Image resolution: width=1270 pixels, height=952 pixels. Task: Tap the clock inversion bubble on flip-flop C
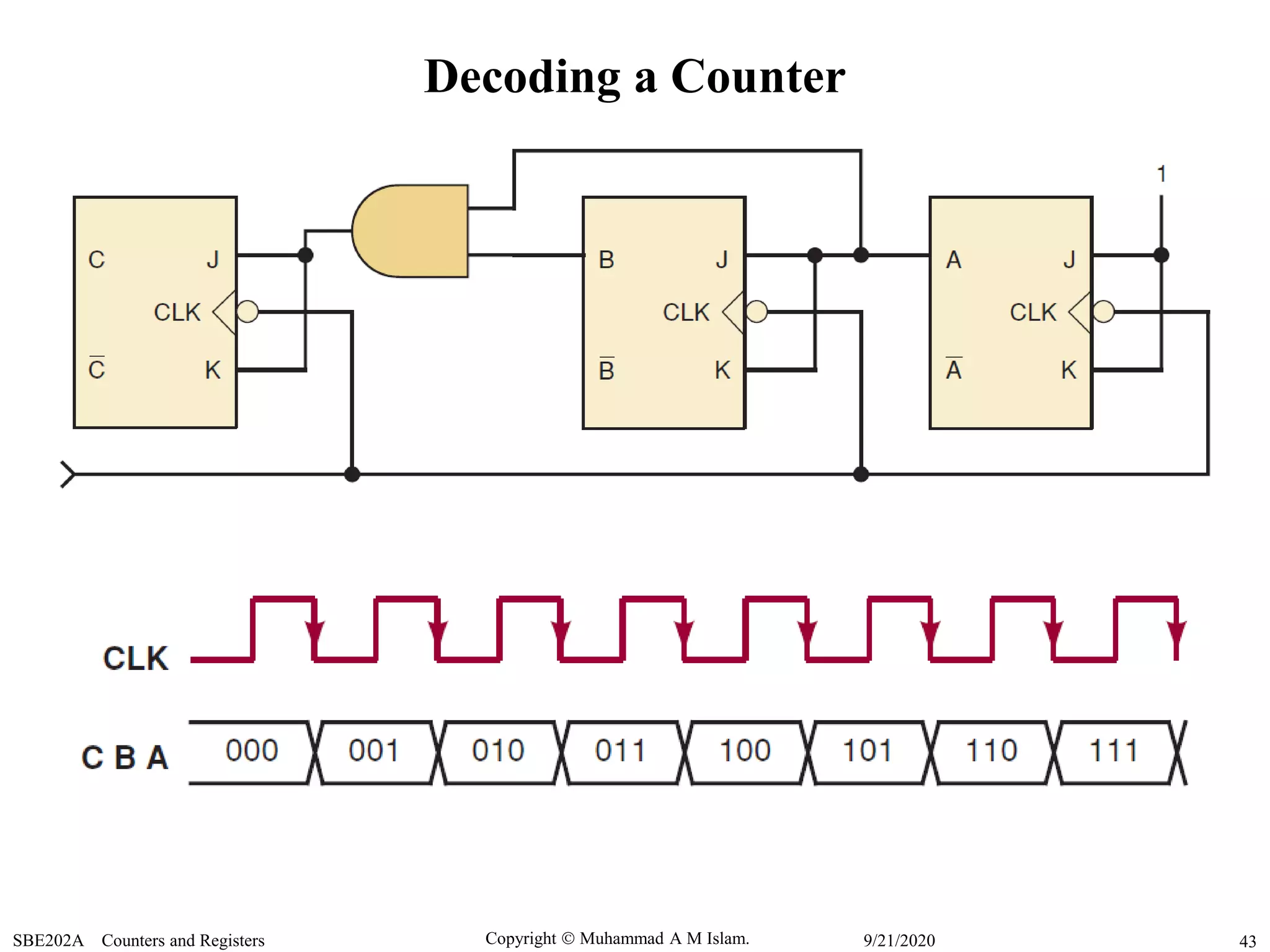coord(247,312)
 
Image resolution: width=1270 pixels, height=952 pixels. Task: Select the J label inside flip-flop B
coord(721,260)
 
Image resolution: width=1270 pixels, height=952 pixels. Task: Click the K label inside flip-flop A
coord(1068,370)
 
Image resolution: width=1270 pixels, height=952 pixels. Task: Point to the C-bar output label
coord(97,369)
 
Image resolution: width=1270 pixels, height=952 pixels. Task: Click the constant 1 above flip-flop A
coord(1161,174)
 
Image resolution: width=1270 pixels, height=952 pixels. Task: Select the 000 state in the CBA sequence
coord(252,751)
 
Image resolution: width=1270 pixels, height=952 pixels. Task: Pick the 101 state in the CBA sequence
coord(868,751)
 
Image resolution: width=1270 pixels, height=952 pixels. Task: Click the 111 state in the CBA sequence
coord(1114,751)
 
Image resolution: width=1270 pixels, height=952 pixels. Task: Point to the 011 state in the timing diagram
coord(621,751)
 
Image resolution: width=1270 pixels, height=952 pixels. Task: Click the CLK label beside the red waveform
coord(136,658)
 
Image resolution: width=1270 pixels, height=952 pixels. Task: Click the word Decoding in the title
coord(522,77)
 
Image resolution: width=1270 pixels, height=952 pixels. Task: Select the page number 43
coord(1247,941)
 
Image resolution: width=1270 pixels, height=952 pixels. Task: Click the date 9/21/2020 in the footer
coord(899,940)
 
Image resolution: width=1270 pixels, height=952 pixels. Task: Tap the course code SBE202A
coord(48,940)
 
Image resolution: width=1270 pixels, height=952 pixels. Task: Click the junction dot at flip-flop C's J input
coord(305,255)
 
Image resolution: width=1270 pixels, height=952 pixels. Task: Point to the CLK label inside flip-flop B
coord(686,312)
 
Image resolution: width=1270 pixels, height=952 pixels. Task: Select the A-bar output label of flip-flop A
coord(954,369)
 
